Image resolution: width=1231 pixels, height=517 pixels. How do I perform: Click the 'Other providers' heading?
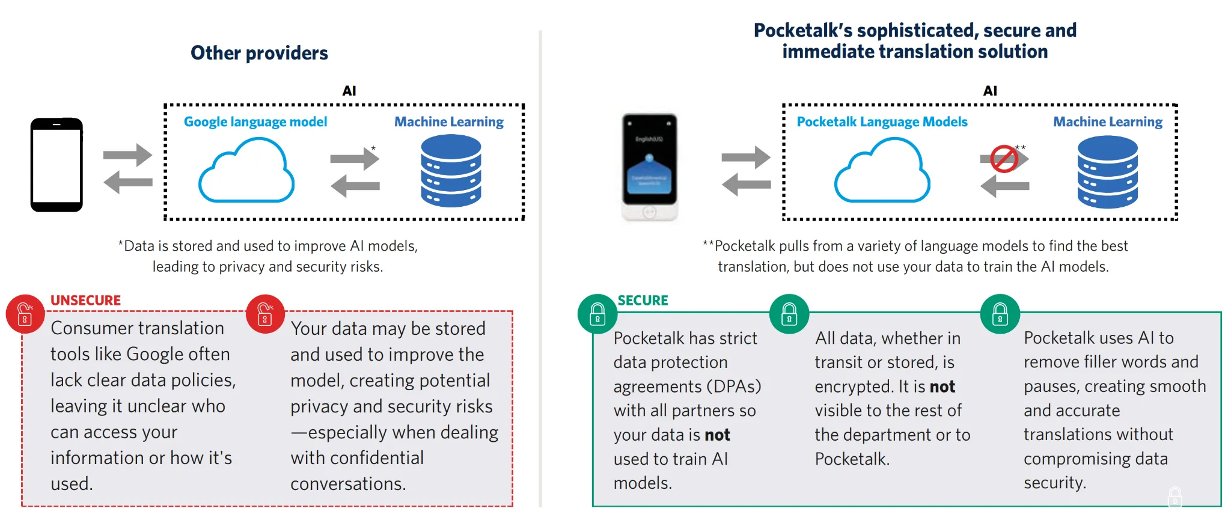point(259,53)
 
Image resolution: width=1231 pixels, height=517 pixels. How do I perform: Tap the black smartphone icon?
point(57,165)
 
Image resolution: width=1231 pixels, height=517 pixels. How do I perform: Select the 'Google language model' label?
point(255,121)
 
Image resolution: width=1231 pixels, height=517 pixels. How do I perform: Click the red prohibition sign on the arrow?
point(1004,159)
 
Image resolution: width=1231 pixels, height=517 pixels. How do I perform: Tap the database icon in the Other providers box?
point(451,171)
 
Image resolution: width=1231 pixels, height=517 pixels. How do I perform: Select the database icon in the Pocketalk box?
point(1107,172)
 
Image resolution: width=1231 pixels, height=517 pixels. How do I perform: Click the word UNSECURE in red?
point(85,300)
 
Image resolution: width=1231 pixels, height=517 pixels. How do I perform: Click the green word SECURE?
point(643,300)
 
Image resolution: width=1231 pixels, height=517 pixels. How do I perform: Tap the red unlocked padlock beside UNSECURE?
point(25,314)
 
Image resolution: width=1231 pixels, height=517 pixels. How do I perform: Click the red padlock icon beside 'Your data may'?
point(265,314)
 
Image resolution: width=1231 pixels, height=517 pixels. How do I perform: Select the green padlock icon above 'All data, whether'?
point(789,314)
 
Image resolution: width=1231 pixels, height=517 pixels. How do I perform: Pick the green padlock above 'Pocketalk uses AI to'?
point(1000,314)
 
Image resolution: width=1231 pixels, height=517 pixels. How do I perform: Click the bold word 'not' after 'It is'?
point(942,387)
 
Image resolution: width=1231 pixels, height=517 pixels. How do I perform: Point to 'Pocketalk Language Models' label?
point(882,121)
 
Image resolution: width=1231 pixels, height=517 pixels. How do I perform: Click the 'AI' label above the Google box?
point(349,91)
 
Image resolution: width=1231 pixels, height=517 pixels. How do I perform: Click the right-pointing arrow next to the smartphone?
point(127,155)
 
